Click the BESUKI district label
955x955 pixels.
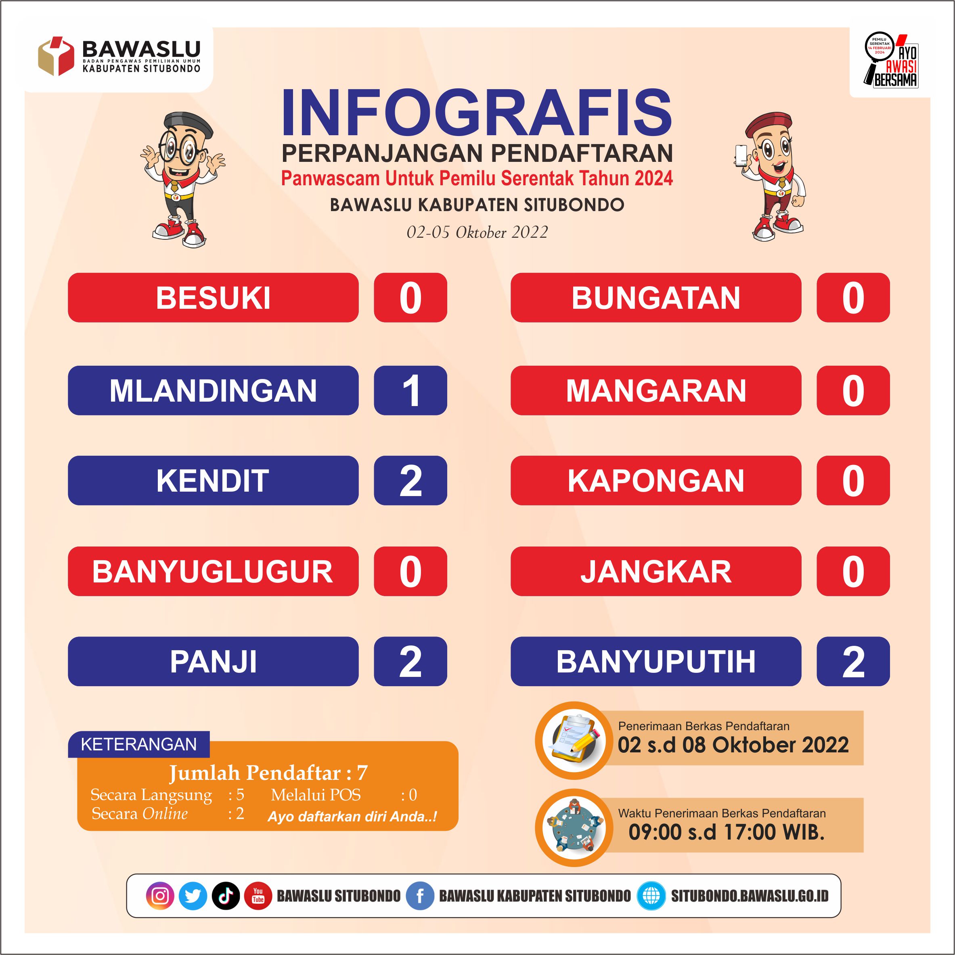[213, 297]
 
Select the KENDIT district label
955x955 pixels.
[213, 480]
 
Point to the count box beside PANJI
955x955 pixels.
[410, 662]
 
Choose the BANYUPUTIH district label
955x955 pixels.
[656, 662]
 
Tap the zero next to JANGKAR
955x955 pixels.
[853, 572]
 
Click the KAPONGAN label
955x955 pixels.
[656, 480]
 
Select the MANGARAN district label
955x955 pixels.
[656, 390]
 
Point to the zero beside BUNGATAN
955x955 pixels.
[853, 298]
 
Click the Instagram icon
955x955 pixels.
[160, 896]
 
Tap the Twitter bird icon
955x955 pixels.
[193, 896]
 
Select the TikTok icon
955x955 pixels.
[226, 896]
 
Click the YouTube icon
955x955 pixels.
[258, 896]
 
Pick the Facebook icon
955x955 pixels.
[420, 896]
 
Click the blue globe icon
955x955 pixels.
[651, 896]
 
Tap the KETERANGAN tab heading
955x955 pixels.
[139, 744]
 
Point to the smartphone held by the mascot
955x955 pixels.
[741, 155]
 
